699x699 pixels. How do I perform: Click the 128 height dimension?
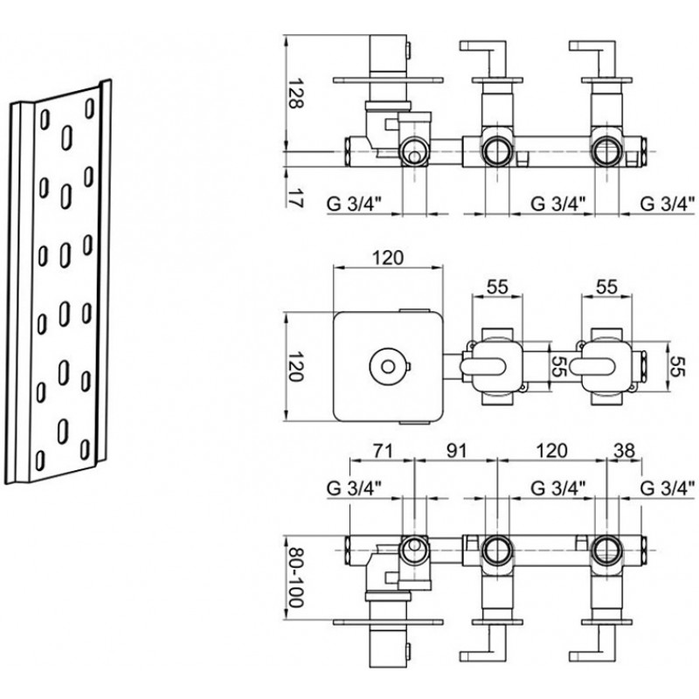(294, 93)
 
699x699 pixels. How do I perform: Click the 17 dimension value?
(294, 196)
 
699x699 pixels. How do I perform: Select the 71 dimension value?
(383, 451)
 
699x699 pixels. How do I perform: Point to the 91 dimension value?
(455, 451)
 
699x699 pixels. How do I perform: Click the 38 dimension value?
(624, 451)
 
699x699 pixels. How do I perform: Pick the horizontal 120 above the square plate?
(387, 258)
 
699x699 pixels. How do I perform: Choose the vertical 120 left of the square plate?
(294, 366)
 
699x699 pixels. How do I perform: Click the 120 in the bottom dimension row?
(551, 451)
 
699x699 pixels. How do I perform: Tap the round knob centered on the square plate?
(388, 366)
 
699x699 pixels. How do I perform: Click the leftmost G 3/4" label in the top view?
(355, 204)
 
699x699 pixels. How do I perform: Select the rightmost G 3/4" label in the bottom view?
(668, 488)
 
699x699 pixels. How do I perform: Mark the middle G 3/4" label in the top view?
(557, 204)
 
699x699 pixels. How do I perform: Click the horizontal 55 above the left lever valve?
(497, 287)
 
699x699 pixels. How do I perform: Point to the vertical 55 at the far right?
(676, 366)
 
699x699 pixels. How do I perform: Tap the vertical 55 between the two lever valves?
(558, 366)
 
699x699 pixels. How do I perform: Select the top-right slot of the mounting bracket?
(90, 108)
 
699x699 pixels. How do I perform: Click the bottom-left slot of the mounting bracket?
(39, 460)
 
